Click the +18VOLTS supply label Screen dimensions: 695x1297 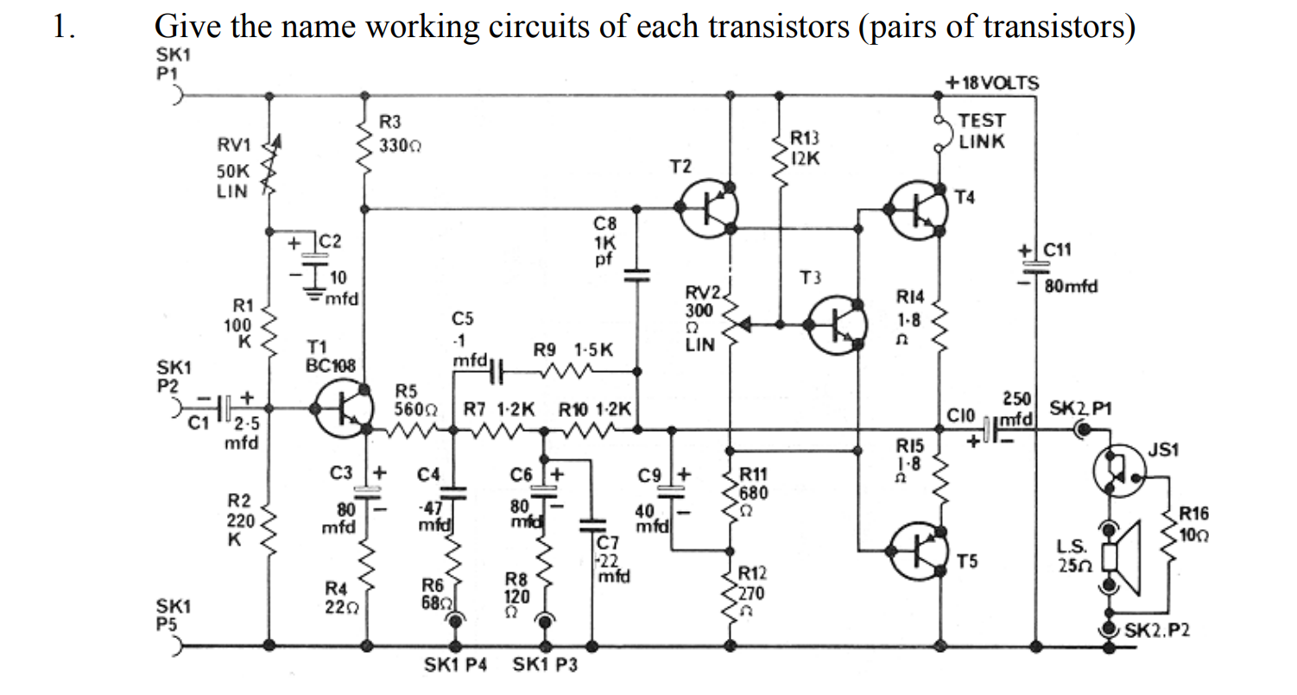(x=992, y=84)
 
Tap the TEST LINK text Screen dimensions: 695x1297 (x=982, y=131)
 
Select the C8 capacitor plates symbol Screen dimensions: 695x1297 (x=637, y=275)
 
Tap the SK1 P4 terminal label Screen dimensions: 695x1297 (x=456, y=666)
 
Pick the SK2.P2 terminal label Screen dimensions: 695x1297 (x=1157, y=630)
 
